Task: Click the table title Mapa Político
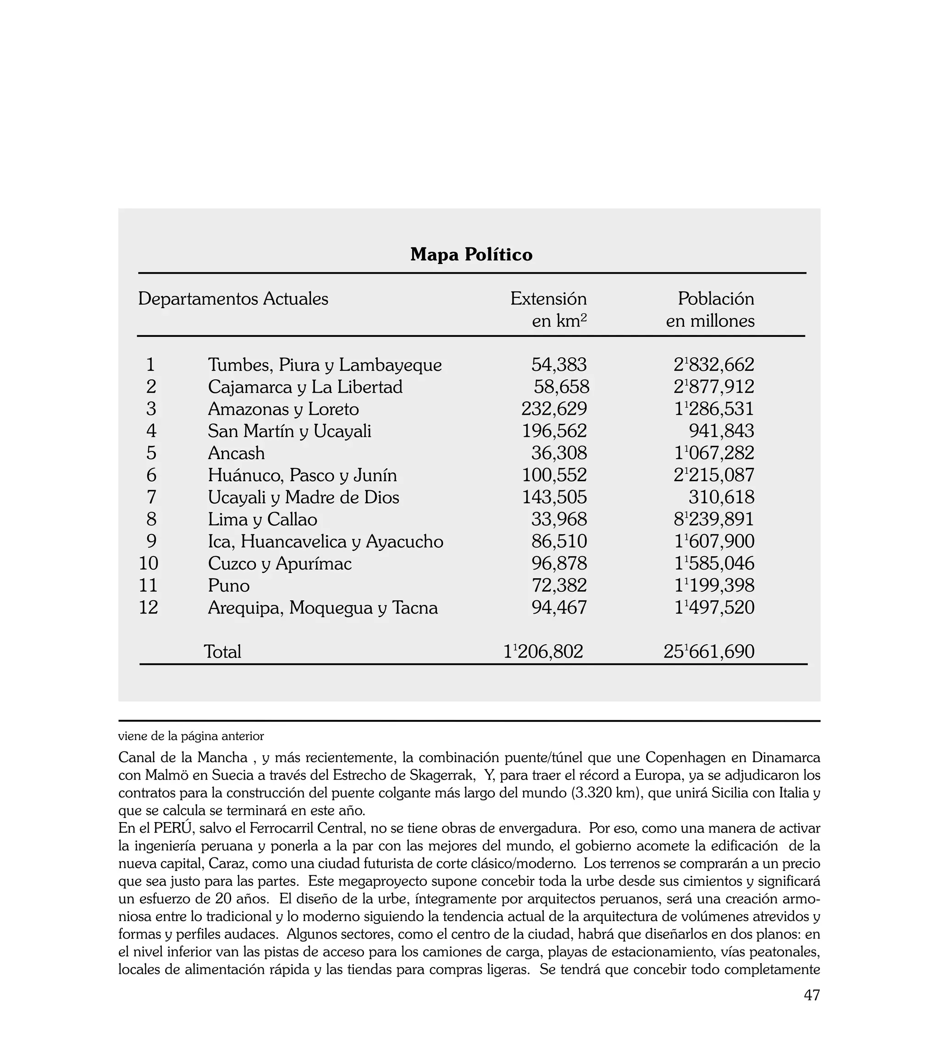pos(471,255)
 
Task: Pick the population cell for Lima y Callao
pos(713,519)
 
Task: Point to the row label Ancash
pos(236,453)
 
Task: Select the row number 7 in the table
pos(151,498)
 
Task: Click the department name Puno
pos(228,586)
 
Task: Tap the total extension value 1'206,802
pos(543,652)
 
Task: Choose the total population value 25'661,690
pos(709,652)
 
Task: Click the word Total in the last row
pos(222,652)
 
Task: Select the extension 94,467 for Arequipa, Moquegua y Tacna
pos(559,608)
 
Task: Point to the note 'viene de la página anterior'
pos(191,736)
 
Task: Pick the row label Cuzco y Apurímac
pos(280,564)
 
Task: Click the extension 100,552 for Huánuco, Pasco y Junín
pos(554,475)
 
